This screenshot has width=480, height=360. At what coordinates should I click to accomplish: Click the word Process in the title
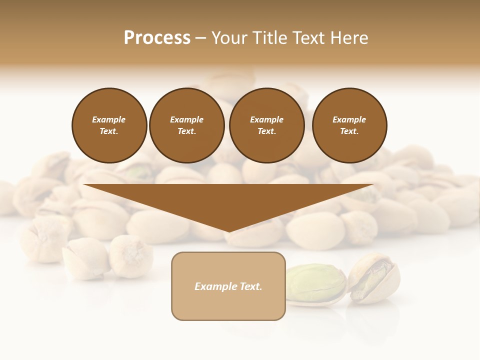click(157, 38)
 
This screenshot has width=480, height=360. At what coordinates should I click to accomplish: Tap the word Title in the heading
click(270, 38)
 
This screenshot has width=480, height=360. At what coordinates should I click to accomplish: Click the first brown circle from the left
click(109, 125)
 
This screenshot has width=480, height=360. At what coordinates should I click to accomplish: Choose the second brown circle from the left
click(187, 125)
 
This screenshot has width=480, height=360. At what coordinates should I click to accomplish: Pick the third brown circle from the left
click(267, 125)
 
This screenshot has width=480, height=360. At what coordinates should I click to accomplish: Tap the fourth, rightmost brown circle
click(349, 125)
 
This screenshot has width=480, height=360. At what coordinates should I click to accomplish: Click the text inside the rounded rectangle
click(228, 286)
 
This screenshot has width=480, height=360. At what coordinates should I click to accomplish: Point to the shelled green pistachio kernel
click(315, 283)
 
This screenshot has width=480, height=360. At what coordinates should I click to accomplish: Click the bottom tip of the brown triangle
click(228, 230)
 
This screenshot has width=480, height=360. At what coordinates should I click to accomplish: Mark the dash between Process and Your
click(200, 38)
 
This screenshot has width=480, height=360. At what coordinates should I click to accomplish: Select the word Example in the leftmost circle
click(109, 119)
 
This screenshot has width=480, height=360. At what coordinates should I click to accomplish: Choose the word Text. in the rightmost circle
click(349, 131)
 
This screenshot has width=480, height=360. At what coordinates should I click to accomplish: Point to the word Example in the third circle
click(266, 119)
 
